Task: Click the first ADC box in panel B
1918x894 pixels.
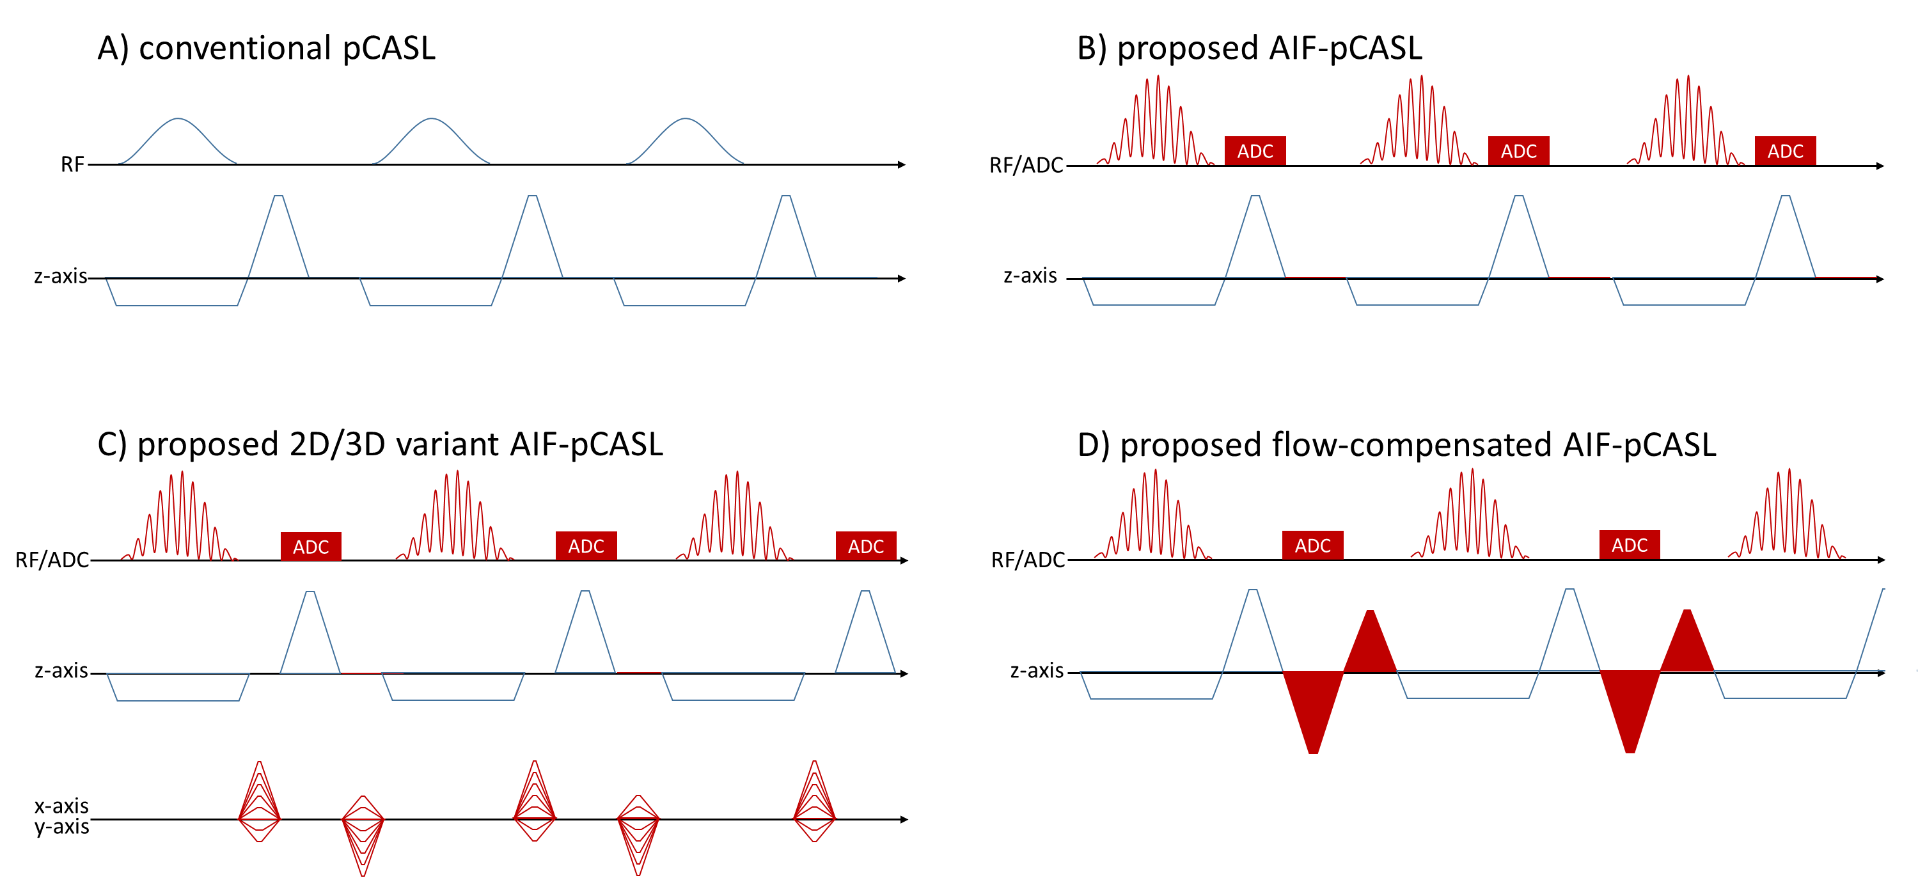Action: click(1255, 151)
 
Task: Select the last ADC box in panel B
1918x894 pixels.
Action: click(1785, 151)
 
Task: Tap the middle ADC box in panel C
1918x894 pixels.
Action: click(586, 546)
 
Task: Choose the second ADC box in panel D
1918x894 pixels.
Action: click(1629, 545)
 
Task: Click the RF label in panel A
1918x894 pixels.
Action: click(72, 164)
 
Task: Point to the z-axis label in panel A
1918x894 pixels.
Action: click(60, 276)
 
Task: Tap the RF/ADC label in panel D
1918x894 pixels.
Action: click(1028, 560)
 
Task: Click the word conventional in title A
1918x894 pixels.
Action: click(235, 49)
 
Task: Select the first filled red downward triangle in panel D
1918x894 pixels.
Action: click(1312, 707)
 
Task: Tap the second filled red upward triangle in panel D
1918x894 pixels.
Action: click(1687, 644)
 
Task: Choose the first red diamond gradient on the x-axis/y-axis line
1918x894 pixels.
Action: click(259, 800)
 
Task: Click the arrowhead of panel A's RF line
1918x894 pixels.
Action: click(902, 164)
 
